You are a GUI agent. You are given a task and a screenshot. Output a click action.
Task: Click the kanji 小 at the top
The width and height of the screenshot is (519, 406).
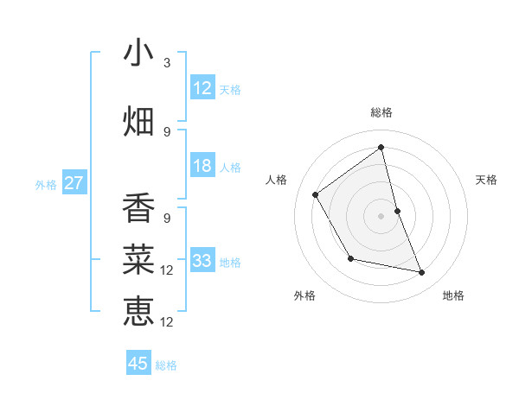point(138,53)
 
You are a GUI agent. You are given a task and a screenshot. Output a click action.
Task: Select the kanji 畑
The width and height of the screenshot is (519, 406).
point(138,122)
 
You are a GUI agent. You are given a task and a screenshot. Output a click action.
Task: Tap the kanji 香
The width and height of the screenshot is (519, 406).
point(138,208)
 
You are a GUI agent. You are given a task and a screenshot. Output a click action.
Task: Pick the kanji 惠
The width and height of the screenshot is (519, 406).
point(138,311)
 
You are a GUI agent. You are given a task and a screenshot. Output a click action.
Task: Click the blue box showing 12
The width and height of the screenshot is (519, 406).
point(202,87)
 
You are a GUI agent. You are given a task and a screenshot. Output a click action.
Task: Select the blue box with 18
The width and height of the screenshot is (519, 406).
point(202,166)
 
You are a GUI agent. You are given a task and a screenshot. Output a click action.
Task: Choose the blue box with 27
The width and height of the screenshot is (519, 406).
point(74,182)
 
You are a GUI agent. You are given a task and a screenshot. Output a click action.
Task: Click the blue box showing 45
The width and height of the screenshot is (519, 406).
point(138,364)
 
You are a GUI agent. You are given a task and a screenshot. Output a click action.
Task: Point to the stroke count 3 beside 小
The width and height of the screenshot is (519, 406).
point(167,63)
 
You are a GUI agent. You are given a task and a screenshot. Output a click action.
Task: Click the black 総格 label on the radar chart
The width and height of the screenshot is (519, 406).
point(381,112)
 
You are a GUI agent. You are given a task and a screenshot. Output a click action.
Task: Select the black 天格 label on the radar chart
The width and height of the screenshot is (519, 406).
point(486,180)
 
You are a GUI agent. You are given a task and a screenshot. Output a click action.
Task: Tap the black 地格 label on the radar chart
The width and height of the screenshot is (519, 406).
point(453,295)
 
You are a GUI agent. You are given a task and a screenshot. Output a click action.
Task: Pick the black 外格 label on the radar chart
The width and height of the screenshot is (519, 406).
point(304,295)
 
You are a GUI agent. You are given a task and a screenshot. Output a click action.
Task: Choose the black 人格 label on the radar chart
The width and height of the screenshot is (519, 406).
point(277,180)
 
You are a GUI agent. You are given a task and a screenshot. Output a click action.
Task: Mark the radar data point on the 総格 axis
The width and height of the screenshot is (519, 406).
point(381,147)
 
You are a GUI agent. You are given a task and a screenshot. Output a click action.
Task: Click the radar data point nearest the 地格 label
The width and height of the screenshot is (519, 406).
point(422,273)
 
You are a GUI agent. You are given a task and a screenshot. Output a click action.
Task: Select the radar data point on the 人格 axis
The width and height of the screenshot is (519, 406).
point(316,194)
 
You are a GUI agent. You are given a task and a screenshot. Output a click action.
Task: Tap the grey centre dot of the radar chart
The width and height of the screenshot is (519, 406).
point(381,215)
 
